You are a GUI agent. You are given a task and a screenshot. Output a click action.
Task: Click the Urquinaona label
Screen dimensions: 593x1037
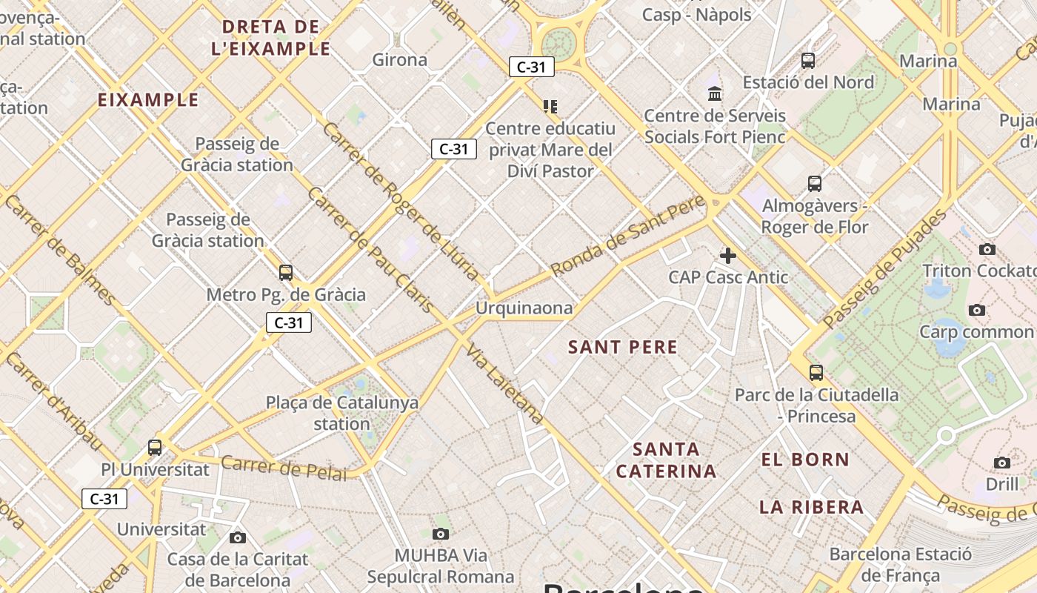coord(524,308)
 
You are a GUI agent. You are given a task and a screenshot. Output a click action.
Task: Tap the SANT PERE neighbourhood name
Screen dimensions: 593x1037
coord(622,347)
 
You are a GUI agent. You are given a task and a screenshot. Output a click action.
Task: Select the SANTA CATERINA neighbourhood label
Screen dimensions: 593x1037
coord(666,460)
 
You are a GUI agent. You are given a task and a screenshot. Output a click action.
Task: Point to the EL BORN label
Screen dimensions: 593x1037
coord(805,460)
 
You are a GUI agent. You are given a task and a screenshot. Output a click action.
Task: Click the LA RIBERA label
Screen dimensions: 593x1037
coord(811,507)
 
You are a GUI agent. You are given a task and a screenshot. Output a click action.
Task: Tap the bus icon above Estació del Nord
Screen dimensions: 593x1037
coord(808,61)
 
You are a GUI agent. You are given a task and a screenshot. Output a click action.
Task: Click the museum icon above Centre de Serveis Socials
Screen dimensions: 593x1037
coord(715,94)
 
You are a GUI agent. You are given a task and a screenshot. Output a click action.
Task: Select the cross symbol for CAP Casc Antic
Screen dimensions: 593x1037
coord(728,256)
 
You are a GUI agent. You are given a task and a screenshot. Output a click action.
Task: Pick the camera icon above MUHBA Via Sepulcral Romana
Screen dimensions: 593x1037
coord(441,534)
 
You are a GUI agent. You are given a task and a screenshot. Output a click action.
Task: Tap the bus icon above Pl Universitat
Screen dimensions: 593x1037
coord(155,448)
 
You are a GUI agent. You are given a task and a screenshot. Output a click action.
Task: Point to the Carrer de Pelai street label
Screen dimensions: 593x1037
coord(284,468)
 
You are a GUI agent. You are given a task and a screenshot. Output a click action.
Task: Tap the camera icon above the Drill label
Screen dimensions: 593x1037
coord(1001,463)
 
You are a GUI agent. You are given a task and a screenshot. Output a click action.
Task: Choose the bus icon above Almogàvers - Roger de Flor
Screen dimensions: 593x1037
coord(815,183)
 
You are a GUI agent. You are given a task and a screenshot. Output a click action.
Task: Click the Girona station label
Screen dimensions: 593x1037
coord(400,60)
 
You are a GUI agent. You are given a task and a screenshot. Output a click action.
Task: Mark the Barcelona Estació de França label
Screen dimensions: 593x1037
coord(900,564)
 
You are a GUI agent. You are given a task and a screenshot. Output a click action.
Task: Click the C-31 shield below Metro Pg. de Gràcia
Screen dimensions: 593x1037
coord(289,322)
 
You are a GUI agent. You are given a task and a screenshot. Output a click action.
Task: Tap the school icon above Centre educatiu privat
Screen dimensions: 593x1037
coord(550,107)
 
